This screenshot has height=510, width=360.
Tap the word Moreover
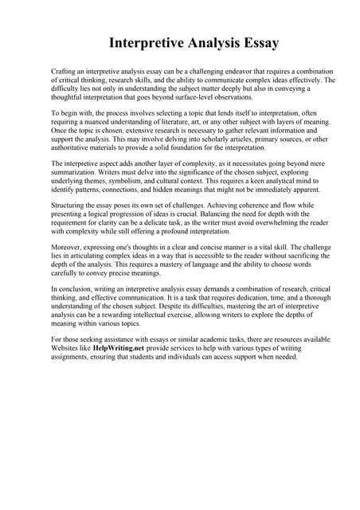(x=68, y=250)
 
